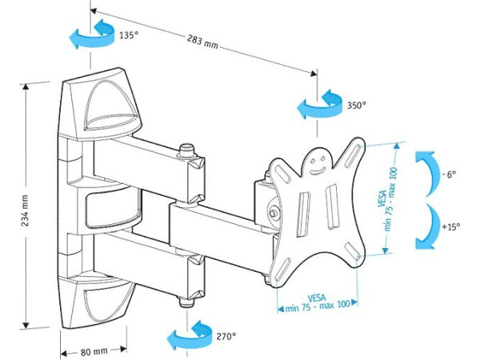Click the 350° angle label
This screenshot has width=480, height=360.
355,104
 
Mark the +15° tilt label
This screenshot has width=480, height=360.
451,226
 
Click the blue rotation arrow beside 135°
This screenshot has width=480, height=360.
88,37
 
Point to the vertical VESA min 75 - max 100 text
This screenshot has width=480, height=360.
387,197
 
